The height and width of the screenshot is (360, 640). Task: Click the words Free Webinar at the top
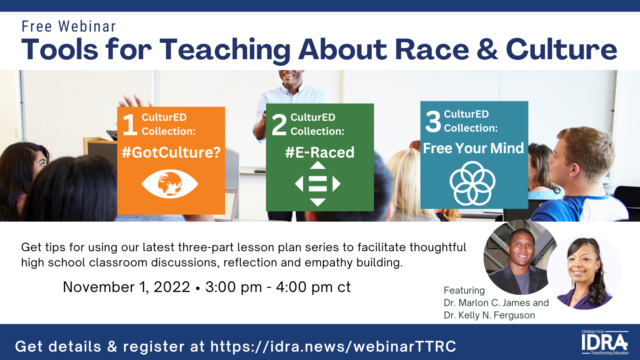coord(68,26)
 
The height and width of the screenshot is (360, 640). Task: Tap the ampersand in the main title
coord(488,50)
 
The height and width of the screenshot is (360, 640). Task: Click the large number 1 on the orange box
coord(130,124)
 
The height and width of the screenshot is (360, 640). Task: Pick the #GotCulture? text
coord(171,152)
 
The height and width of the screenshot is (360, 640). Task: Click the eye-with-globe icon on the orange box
coord(170,184)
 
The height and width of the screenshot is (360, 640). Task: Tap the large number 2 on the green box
coord(279,124)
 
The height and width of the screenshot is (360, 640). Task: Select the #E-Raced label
coord(320,152)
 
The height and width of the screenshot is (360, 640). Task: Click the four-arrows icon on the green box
coord(318,184)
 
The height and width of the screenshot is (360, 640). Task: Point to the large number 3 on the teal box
coord(433,122)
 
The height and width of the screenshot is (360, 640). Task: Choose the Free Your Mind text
coord(474,148)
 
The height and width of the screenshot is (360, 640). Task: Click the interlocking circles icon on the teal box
coord(472,183)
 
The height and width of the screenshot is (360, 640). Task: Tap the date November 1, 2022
coord(126,287)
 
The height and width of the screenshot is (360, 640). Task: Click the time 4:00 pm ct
coord(313,287)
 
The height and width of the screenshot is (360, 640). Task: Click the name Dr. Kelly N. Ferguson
coord(489,315)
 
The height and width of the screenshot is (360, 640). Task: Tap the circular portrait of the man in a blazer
coord(520,257)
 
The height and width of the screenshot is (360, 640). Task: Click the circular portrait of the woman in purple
coord(584,272)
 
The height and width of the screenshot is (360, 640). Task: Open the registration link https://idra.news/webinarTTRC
coord(333,346)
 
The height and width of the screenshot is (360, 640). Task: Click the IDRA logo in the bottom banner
coord(605,342)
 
